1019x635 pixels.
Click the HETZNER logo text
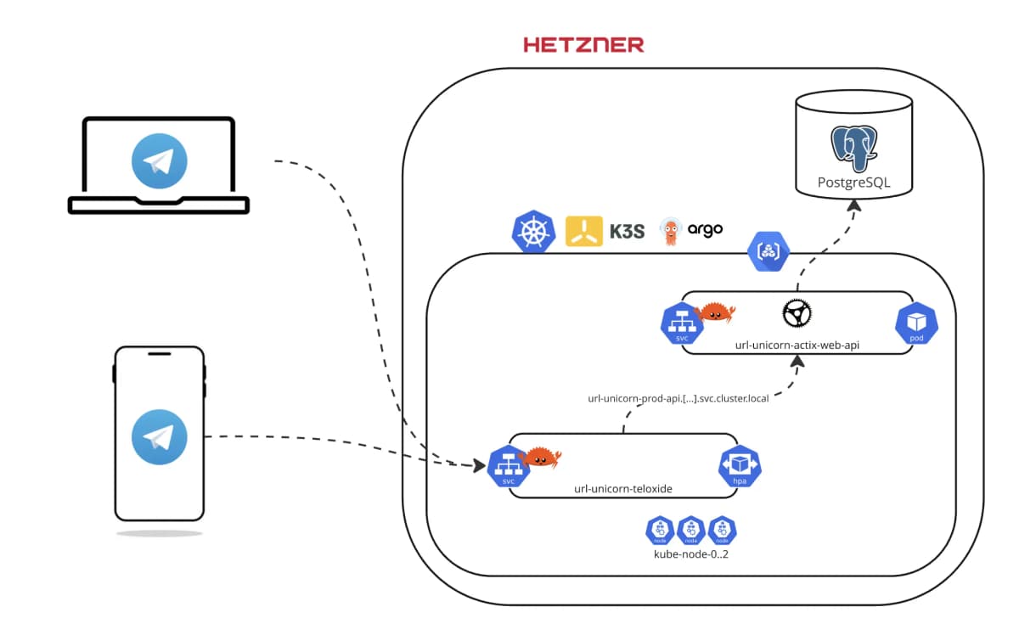pyautogui.click(x=583, y=45)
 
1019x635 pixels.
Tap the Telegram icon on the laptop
pyautogui.click(x=159, y=160)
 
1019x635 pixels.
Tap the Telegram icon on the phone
pyautogui.click(x=159, y=436)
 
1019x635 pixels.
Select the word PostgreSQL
pyautogui.click(x=853, y=182)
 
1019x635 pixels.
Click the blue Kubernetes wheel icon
pyautogui.click(x=532, y=231)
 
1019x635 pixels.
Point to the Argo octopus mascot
pyautogui.click(x=671, y=232)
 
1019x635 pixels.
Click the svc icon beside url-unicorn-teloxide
pyautogui.click(x=509, y=466)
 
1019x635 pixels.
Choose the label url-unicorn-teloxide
pyautogui.click(x=623, y=489)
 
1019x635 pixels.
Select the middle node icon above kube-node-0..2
pyautogui.click(x=690, y=531)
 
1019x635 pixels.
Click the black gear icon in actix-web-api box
pyautogui.click(x=797, y=313)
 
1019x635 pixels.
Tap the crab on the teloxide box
pyautogui.click(x=541, y=458)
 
